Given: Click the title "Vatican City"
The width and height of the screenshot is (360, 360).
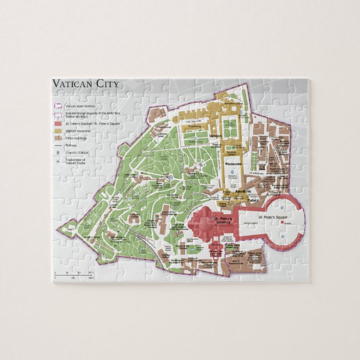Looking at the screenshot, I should coord(85,84).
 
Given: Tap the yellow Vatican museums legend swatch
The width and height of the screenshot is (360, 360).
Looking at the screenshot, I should coord(58,131).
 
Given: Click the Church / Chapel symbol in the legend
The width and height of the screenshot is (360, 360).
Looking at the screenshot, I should coord(58,152).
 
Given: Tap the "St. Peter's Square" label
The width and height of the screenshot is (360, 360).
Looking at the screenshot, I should coord(270,216).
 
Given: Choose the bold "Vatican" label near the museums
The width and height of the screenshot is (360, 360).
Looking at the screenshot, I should coord(215,135).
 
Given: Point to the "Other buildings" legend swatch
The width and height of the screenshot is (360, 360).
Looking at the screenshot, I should coord(58,138).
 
